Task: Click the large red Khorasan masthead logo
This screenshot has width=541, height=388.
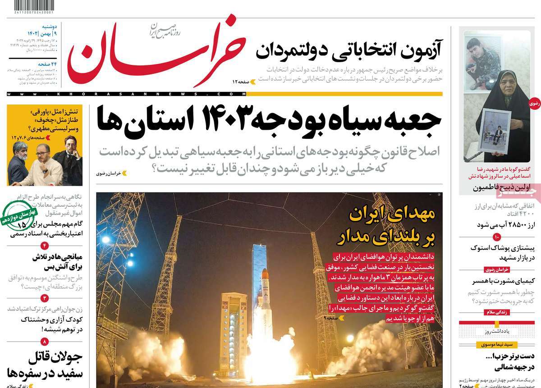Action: pyautogui.click(x=156, y=52)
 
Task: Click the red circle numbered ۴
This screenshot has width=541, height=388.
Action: pyautogui.click(x=44, y=245)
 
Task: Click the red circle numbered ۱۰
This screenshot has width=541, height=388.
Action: pyautogui.click(x=496, y=237)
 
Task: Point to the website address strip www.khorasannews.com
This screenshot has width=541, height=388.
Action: pyautogui.click(x=126, y=93)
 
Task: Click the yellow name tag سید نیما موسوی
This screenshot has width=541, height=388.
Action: pyautogui.click(x=496, y=344)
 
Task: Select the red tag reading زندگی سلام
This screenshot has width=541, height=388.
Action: pyautogui.click(x=495, y=312)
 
